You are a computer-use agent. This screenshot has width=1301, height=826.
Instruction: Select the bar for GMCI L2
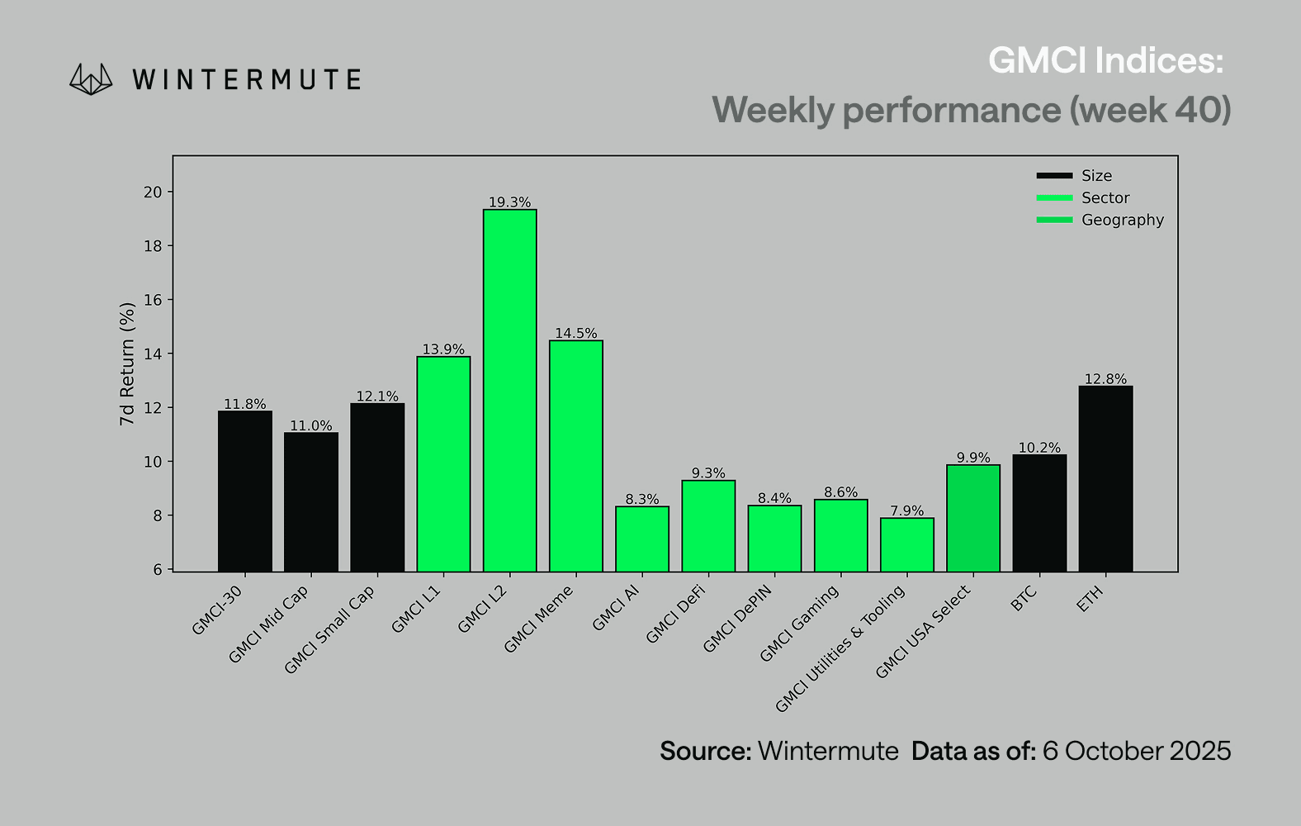tap(509, 390)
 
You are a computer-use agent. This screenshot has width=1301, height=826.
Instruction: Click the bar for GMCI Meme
tap(575, 455)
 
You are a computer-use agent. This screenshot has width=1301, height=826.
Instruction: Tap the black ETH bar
tap(1105, 478)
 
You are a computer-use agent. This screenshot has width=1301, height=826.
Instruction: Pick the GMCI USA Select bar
tap(973, 518)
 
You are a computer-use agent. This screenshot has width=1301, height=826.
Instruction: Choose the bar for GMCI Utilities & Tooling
tap(906, 544)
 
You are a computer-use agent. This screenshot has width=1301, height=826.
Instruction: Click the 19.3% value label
tap(509, 202)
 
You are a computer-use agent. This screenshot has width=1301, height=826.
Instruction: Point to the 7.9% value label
tap(906, 511)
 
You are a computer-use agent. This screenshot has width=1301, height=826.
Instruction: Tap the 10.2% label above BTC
tap(1039, 448)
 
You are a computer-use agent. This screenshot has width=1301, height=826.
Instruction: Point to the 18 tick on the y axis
tap(153, 246)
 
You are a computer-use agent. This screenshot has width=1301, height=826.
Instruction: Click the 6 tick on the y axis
tap(158, 570)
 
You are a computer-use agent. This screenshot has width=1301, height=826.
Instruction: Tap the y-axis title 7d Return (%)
tap(126, 363)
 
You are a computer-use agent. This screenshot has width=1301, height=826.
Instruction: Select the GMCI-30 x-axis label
tap(217, 610)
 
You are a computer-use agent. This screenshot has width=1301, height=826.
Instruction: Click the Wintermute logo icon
tap(91, 79)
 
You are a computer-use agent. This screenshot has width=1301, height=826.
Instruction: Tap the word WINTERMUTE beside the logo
tap(246, 80)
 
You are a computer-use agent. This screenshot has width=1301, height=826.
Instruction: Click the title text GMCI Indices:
tap(1105, 60)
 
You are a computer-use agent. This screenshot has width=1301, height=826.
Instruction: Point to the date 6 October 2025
tap(1136, 751)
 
